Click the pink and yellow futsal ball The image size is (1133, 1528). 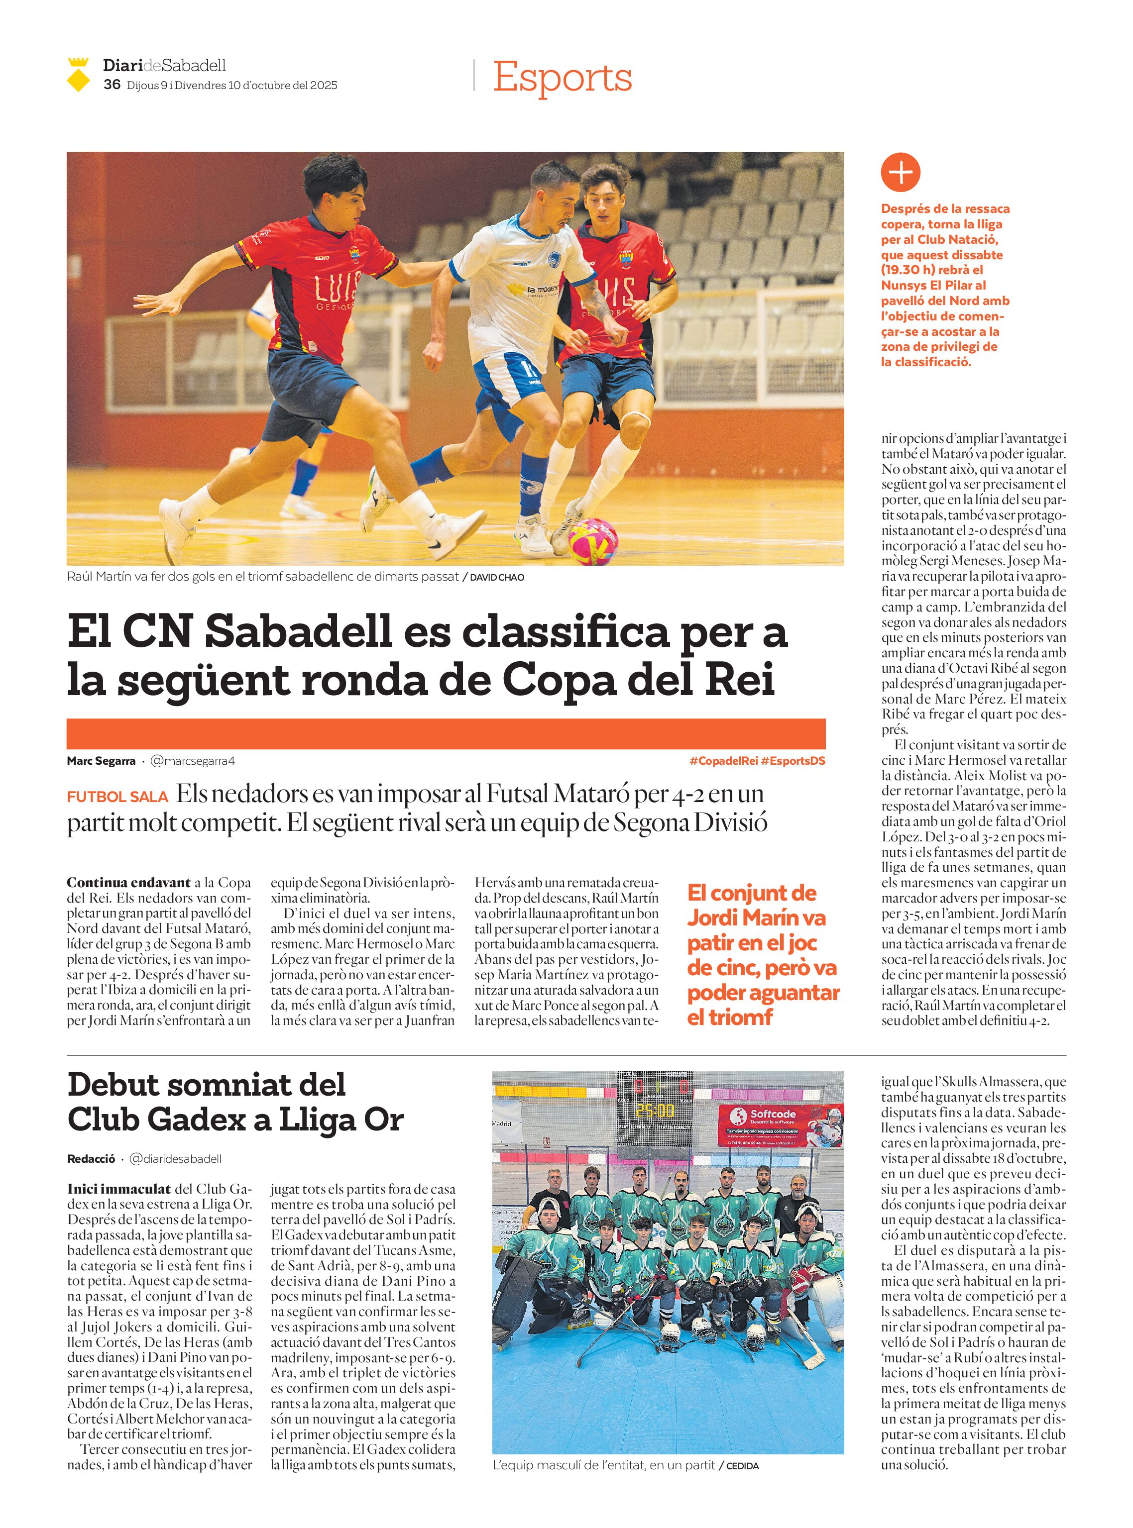pos(592,541)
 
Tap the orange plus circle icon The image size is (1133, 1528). pos(900,172)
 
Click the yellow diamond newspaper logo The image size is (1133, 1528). pos(78,76)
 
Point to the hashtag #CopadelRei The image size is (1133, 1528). pos(723,761)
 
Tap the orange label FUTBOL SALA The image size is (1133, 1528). pos(117,797)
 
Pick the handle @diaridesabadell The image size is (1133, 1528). pos(176,1158)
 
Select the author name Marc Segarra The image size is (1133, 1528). pos(101,761)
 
